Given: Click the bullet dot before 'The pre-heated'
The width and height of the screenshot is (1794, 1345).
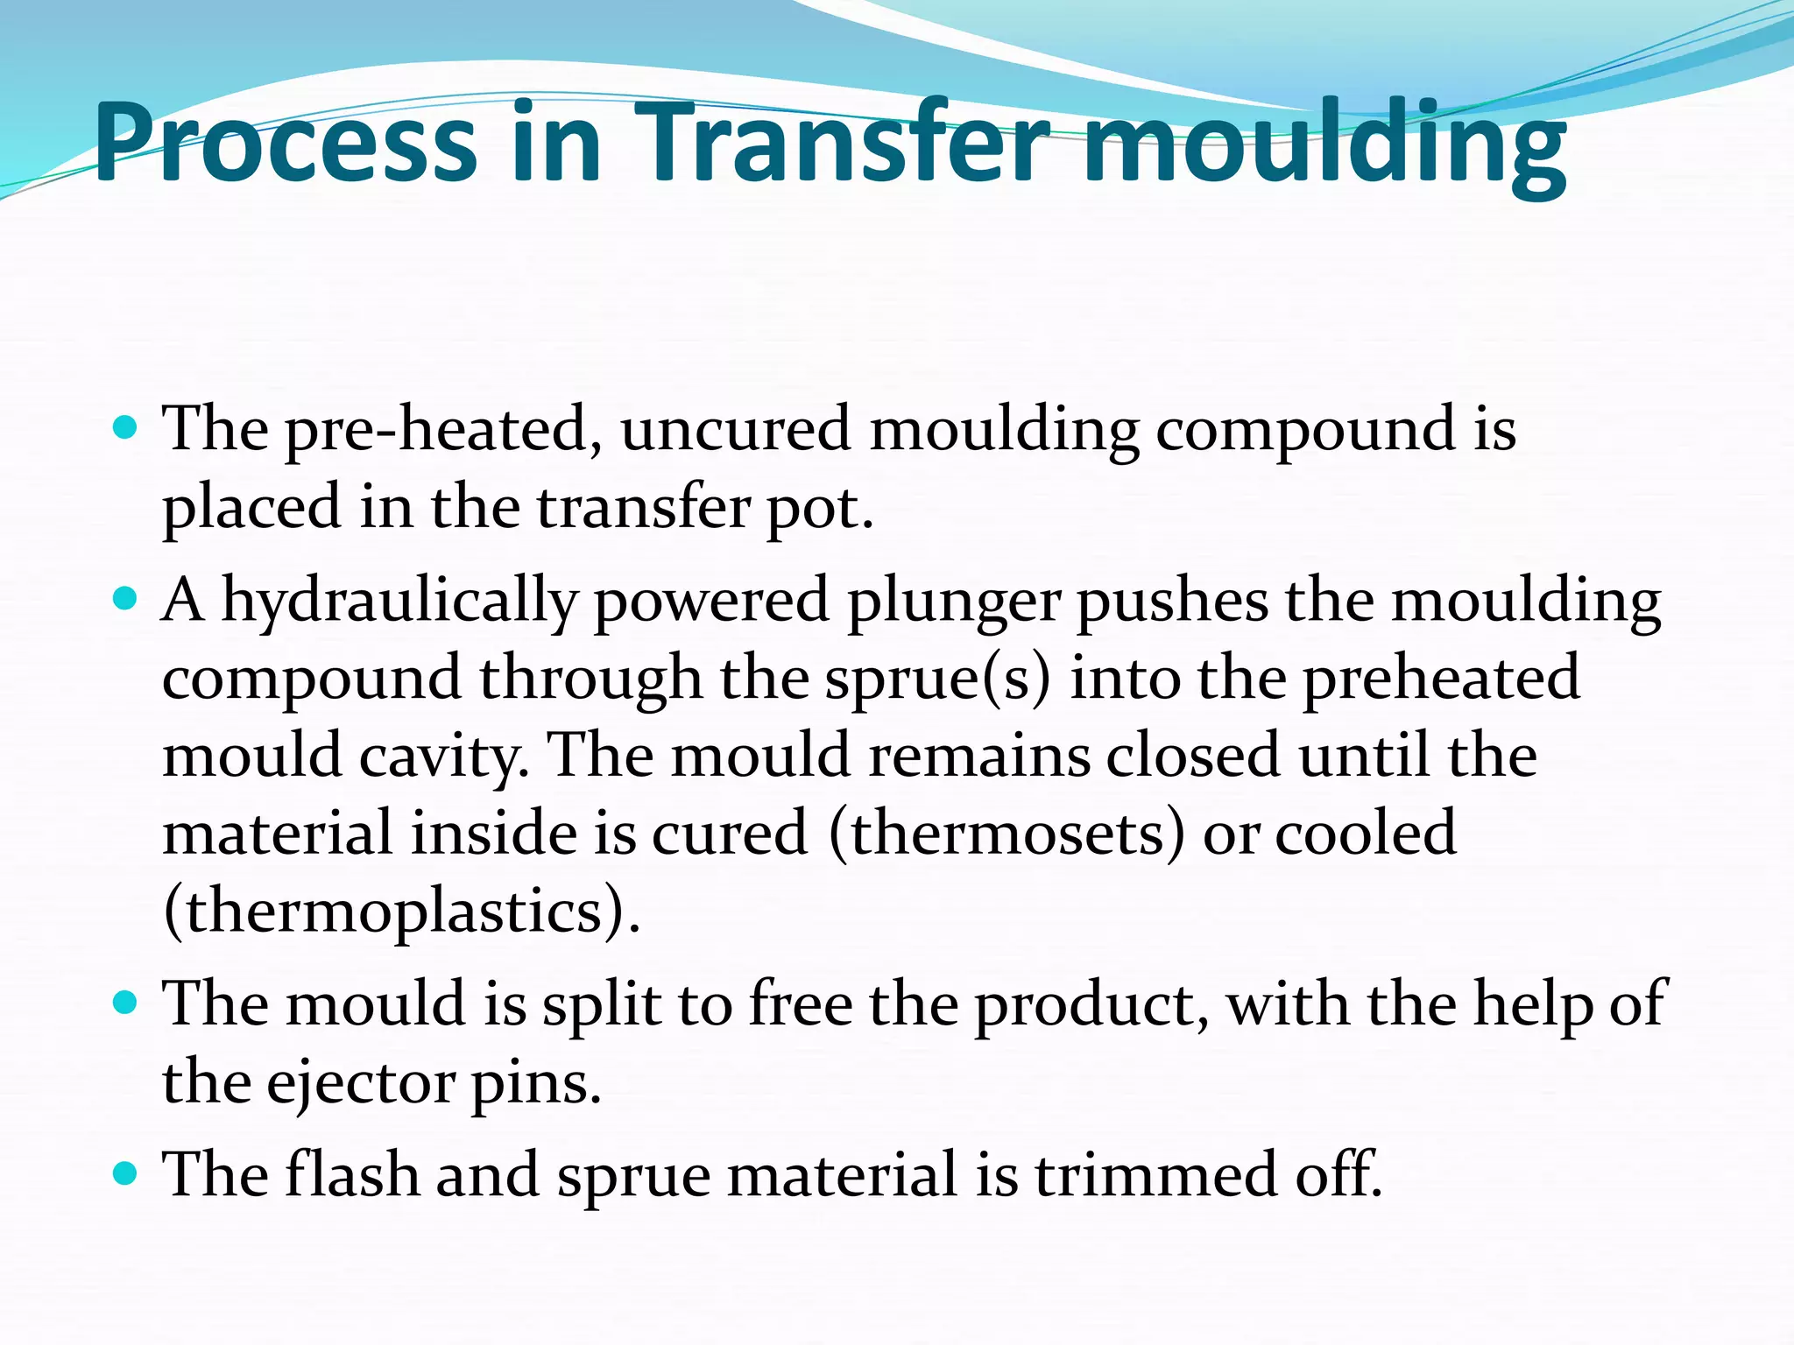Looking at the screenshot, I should click(x=126, y=428).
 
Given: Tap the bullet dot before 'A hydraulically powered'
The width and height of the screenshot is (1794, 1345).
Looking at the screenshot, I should click(x=126, y=599).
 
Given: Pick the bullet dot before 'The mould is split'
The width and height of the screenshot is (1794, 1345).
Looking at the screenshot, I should click(x=126, y=1001).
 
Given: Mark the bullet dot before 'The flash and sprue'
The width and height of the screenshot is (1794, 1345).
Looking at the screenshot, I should click(x=126, y=1172).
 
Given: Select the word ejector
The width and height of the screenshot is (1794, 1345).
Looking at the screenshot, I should click(x=361, y=1082).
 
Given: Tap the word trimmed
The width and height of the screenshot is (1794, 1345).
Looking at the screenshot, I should click(x=1156, y=1173).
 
